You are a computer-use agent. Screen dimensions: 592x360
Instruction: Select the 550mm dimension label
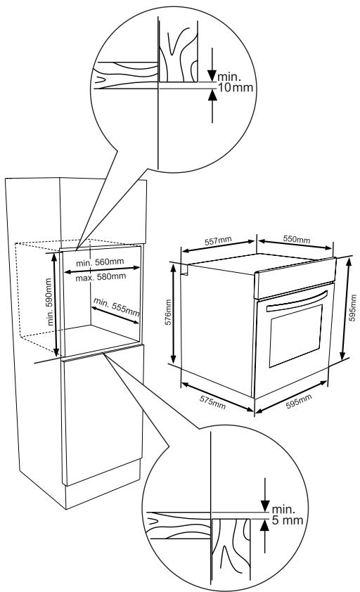click(295, 240)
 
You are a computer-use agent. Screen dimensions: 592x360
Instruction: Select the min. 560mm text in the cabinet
click(101, 262)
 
